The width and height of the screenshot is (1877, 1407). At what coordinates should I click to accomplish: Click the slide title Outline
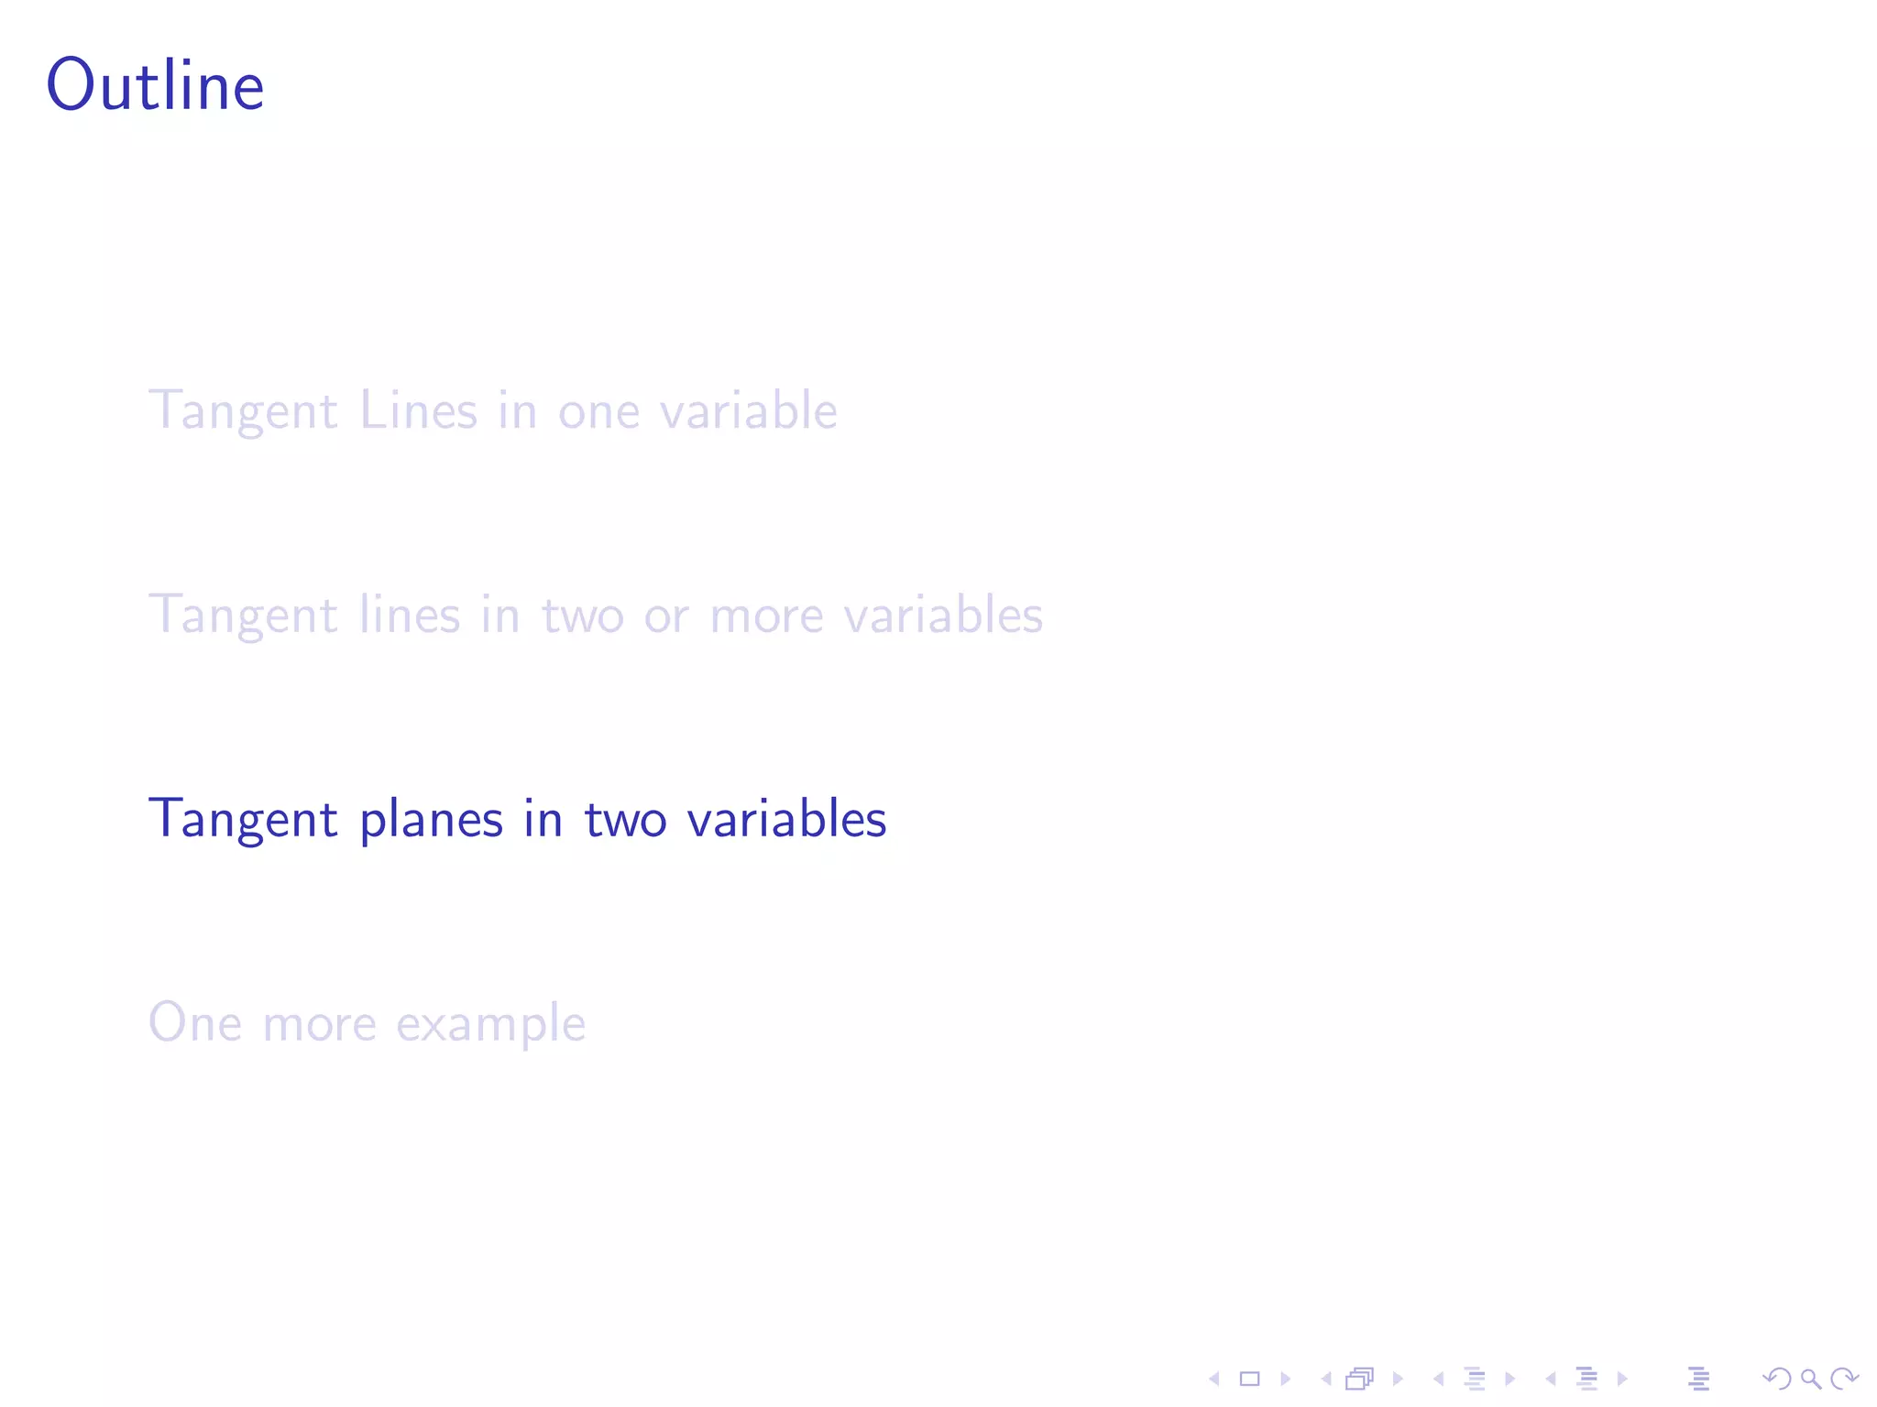(x=156, y=85)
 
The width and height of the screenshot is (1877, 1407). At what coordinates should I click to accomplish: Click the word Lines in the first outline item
(x=419, y=409)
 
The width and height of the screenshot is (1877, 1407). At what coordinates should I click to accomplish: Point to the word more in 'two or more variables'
(x=766, y=616)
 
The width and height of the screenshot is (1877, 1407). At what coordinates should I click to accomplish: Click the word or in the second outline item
(x=666, y=616)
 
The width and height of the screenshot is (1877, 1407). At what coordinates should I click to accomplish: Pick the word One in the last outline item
(x=195, y=1022)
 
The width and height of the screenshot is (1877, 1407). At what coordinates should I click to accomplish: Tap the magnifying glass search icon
(x=1810, y=1379)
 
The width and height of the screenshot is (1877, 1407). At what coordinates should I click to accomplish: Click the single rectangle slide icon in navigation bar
(x=1249, y=1379)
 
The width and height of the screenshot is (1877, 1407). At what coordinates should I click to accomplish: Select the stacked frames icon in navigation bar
(x=1360, y=1379)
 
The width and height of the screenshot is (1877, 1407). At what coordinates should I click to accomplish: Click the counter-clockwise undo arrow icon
(x=1777, y=1379)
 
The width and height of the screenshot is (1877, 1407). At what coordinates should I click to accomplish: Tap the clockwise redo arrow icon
(x=1844, y=1379)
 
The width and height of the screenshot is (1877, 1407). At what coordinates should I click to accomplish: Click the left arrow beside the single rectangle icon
(x=1214, y=1379)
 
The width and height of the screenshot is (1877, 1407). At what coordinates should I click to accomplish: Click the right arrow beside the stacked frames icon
(x=1398, y=1379)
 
